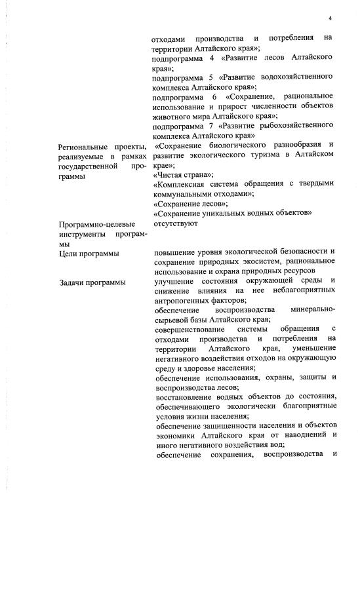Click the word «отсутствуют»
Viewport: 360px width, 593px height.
[x=175, y=223]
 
